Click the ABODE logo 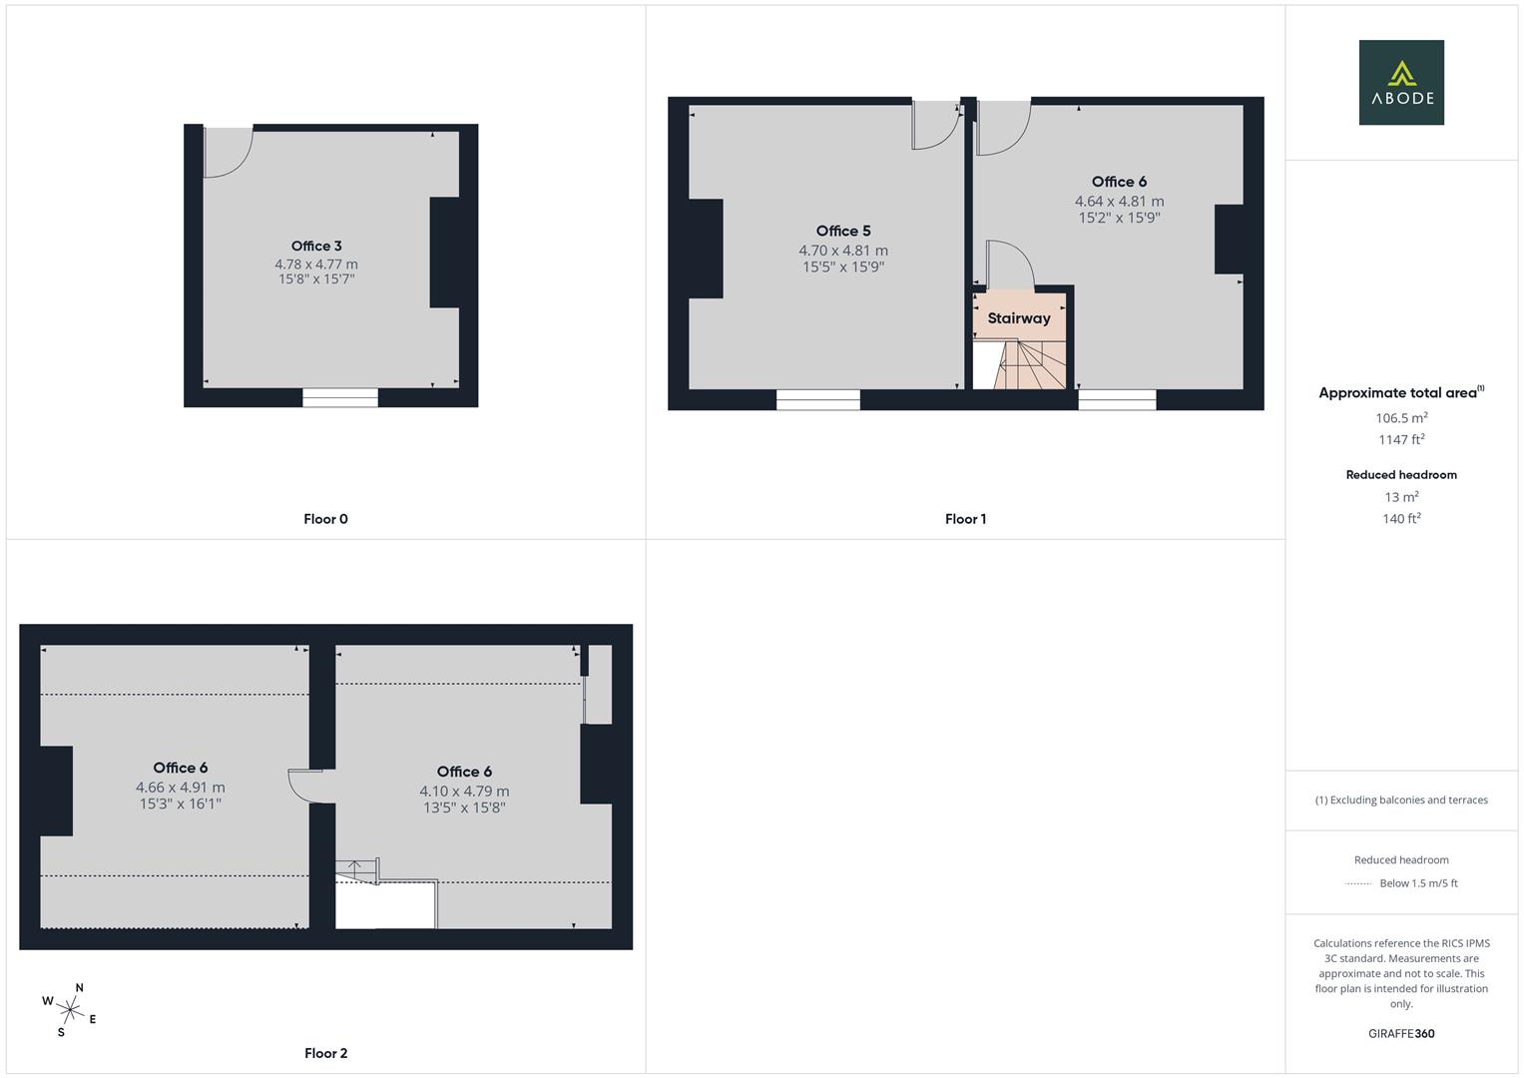[1401, 82]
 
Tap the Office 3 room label [316, 246]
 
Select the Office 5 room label [843, 231]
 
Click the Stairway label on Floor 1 [1019, 318]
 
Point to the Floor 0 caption [325, 519]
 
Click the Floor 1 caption [965, 519]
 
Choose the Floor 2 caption [325, 1053]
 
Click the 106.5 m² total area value [1401, 418]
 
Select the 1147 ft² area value [1401, 439]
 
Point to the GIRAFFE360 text [1401, 1034]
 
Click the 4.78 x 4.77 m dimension [316, 265]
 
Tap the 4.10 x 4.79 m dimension [464, 792]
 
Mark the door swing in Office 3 [228, 153]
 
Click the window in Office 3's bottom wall [340, 398]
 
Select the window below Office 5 [818, 400]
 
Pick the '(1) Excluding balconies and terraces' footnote [1401, 800]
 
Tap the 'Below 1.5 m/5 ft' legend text [1417, 883]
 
